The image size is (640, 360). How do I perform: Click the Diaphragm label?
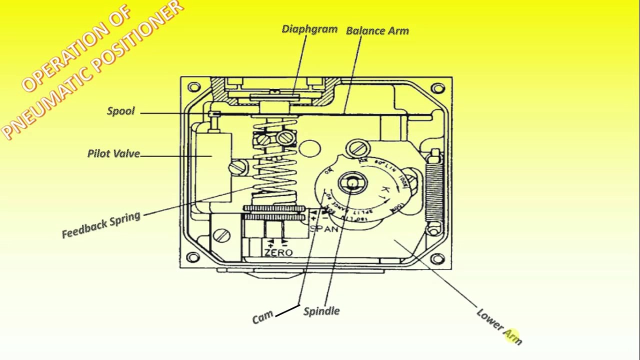point(309,29)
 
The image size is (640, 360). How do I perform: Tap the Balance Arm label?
point(377,30)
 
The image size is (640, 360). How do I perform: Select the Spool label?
point(121,111)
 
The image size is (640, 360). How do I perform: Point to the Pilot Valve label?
point(113,153)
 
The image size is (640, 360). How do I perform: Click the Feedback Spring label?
point(101,225)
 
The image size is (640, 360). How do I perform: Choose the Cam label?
point(263,317)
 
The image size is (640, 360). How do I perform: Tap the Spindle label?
point(321,311)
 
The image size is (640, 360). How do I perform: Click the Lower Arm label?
point(499,326)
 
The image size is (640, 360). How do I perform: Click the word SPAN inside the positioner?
point(324,229)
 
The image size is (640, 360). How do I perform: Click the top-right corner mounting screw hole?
point(438,89)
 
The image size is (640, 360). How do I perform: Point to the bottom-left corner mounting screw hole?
point(193,258)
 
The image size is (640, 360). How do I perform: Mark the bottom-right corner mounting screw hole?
point(437,258)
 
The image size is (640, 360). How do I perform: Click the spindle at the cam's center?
point(352,182)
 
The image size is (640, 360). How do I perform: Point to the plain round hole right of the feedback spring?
point(311,148)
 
